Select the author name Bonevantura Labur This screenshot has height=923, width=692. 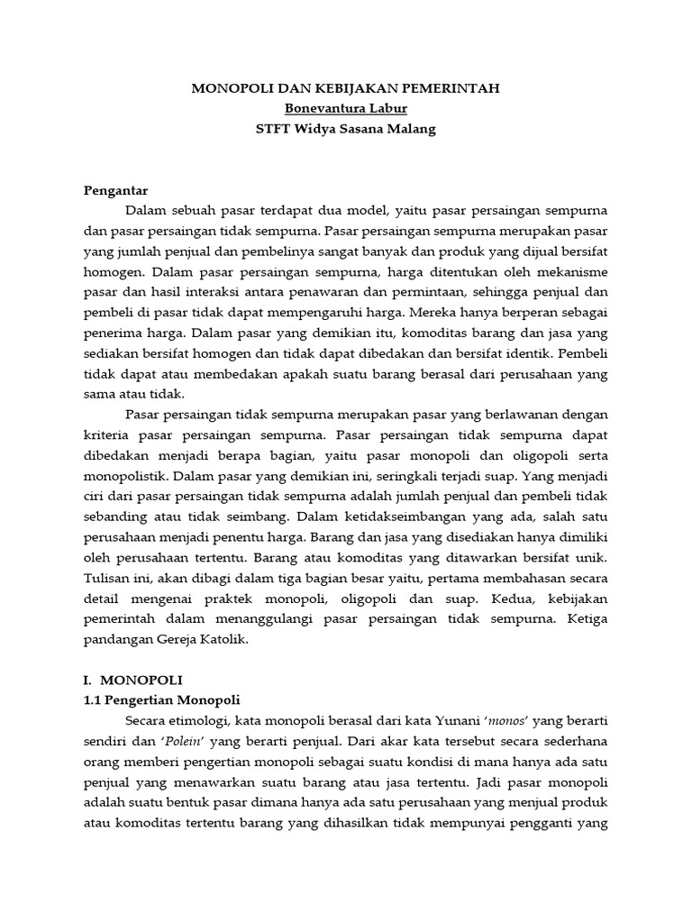click(x=347, y=108)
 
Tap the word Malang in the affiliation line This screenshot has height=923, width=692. click(x=411, y=128)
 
